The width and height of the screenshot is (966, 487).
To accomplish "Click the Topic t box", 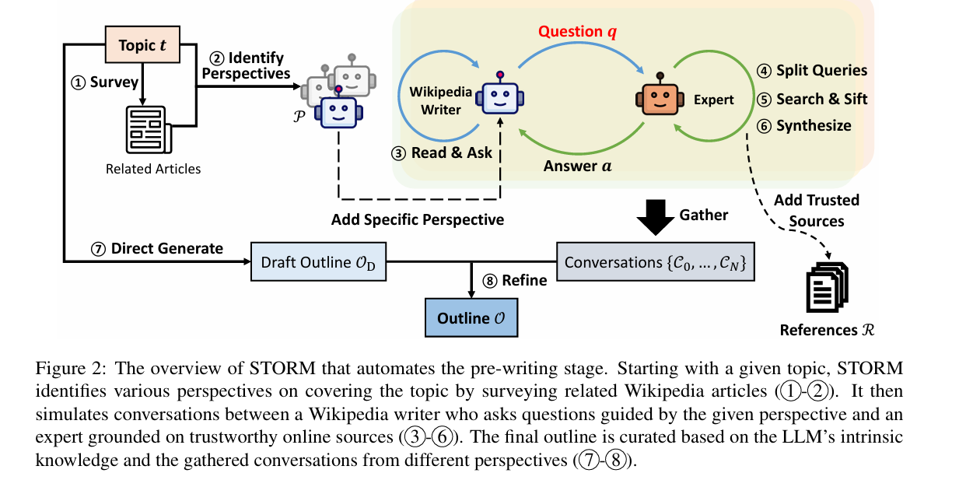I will (142, 46).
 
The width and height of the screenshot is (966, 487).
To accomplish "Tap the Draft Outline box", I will (318, 263).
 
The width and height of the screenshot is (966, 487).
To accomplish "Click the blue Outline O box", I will (471, 318).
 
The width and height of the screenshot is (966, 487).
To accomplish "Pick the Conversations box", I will (655, 263).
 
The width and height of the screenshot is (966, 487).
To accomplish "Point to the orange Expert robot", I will (660, 97).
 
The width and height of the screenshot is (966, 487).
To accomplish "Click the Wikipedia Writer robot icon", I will (499, 97).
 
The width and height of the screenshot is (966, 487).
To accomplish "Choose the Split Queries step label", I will (812, 71).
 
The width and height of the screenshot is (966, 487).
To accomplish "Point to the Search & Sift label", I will (812, 99).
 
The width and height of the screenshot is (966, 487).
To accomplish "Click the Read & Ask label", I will (443, 152).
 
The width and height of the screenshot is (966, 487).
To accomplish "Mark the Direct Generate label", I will (157, 249).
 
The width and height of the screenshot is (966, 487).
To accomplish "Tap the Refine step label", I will (516, 281).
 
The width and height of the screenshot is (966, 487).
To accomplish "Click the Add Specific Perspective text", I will (418, 220).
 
